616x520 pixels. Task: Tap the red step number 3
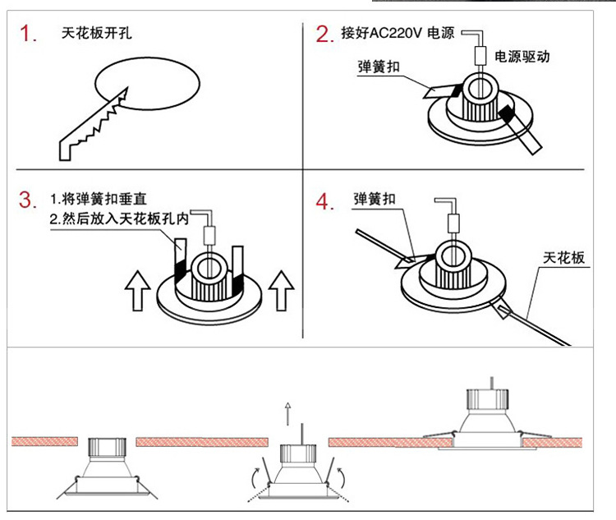pos(30,200)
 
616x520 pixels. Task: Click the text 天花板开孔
pos(96,35)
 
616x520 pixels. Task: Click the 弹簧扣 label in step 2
pos(379,67)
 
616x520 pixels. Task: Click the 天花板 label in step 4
pos(563,258)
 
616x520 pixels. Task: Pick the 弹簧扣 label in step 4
pos(375,200)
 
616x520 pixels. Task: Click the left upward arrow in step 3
pos(136,292)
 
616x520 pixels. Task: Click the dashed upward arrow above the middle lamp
pos(287,414)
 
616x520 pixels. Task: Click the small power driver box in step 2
pos(480,57)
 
